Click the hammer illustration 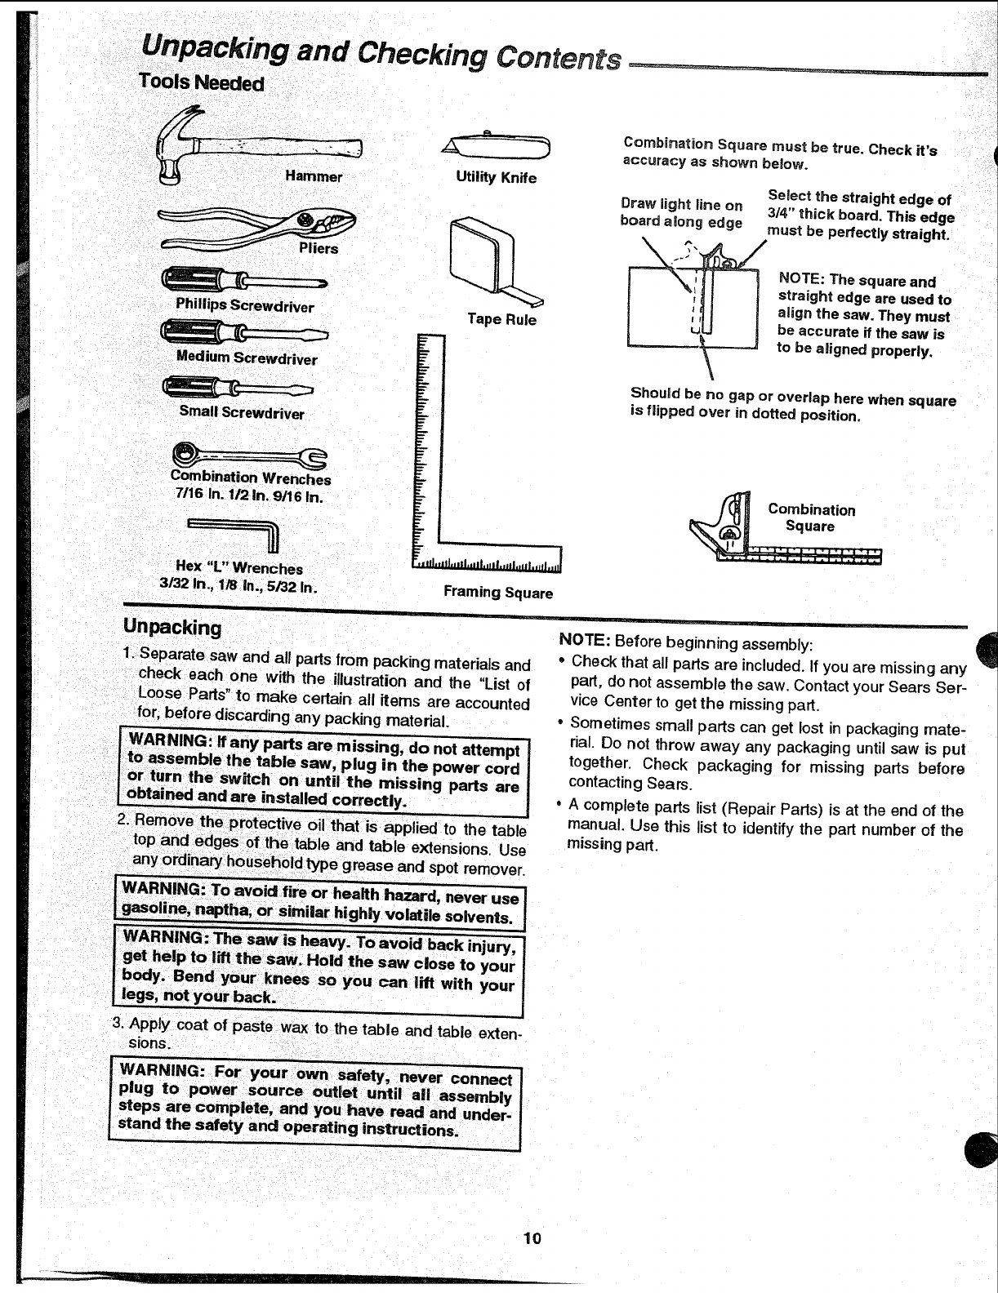[x=253, y=150]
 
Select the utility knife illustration [x=497, y=147]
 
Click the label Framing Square [x=497, y=593]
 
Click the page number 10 [x=532, y=1261]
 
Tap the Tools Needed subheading [x=201, y=83]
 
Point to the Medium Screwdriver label [x=247, y=358]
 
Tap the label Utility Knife [x=497, y=177]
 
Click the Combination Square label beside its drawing [x=811, y=518]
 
